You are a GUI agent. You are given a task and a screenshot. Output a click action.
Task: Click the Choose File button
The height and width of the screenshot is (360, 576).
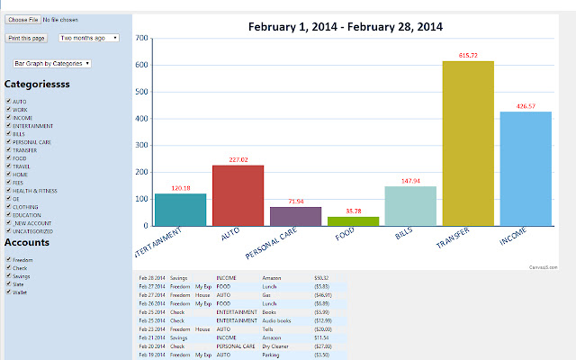[22, 19]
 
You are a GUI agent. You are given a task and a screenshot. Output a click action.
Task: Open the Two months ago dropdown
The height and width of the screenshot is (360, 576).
[89, 38]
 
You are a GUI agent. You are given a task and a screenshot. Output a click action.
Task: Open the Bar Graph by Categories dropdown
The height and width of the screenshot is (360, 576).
[52, 64]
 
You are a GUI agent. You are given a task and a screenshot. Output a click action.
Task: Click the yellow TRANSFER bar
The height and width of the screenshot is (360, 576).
[468, 143]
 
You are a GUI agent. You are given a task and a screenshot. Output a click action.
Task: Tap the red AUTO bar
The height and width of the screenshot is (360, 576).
[238, 195]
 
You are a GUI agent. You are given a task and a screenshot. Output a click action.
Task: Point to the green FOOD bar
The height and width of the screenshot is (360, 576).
[353, 220]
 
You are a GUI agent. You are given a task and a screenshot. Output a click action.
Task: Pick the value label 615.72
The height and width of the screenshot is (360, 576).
[468, 56]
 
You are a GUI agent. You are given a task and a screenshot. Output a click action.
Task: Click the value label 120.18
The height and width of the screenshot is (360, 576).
[181, 188]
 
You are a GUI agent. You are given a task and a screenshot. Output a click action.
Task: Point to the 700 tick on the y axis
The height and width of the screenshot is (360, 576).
[140, 39]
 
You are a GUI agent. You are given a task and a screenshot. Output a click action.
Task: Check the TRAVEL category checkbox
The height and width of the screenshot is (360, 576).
[7, 166]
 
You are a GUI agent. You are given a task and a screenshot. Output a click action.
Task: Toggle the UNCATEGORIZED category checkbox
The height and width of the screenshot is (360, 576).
[7, 230]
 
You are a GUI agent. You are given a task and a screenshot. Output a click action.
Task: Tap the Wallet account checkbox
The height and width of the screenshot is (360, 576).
[7, 292]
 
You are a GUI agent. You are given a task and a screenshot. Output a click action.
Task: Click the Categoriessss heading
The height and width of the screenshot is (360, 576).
[37, 84]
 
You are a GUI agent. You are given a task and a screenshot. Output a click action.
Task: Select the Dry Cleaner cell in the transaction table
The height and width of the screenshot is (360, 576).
[275, 346]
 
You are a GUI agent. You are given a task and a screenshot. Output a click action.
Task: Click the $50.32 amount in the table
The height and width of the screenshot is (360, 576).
[321, 278]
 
